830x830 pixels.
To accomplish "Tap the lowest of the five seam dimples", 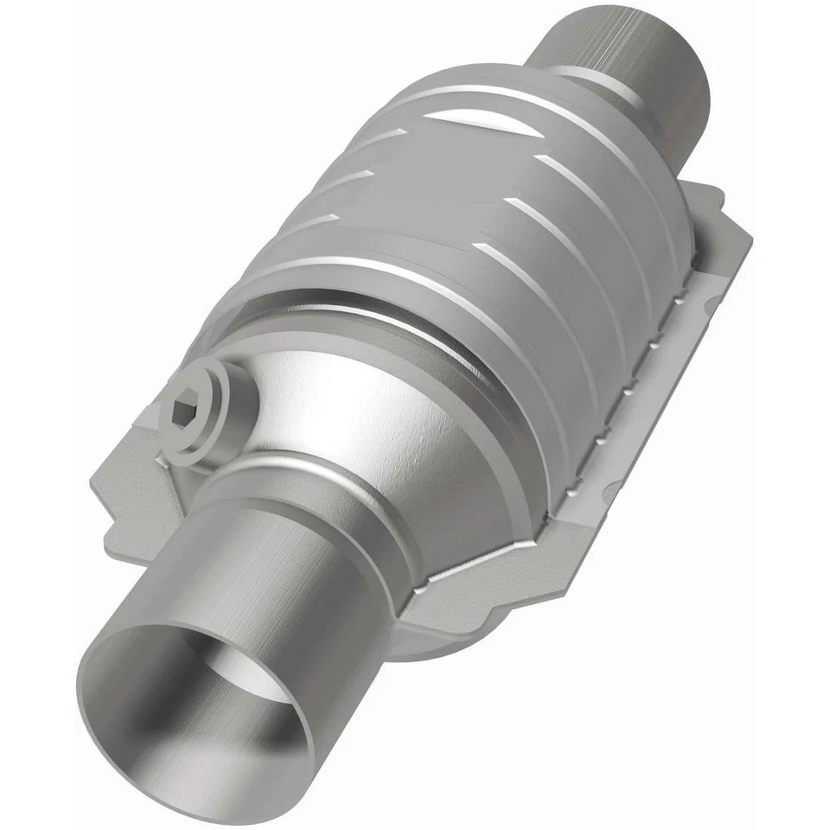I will [x=605, y=414].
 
